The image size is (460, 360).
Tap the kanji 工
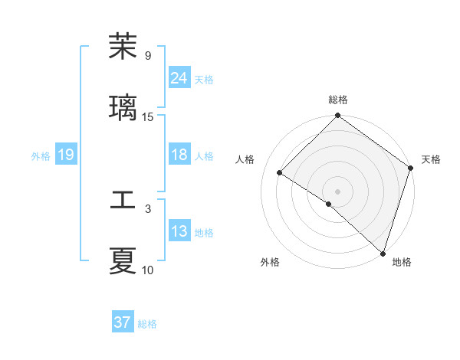(123, 200)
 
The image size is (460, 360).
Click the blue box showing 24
(179, 78)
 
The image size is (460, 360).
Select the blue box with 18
(179, 155)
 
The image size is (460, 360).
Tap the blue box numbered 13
(179, 231)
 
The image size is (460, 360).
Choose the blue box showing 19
(66, 155)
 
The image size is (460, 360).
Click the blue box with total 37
(123, 322)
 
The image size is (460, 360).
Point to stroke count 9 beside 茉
(148, 56)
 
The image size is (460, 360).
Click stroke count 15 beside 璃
(148, 117)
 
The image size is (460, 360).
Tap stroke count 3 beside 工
(148, 208)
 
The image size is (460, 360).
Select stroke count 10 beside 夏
(148, 270)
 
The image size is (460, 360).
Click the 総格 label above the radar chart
(338, 100)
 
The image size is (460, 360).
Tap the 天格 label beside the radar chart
(431, 159)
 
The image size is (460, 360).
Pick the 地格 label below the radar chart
(402, 262)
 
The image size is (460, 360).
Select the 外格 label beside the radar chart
(270, 262)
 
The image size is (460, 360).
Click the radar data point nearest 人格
(280, 172)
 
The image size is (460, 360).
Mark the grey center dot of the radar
(338, 191)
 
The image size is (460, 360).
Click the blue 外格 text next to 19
(41, 155)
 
